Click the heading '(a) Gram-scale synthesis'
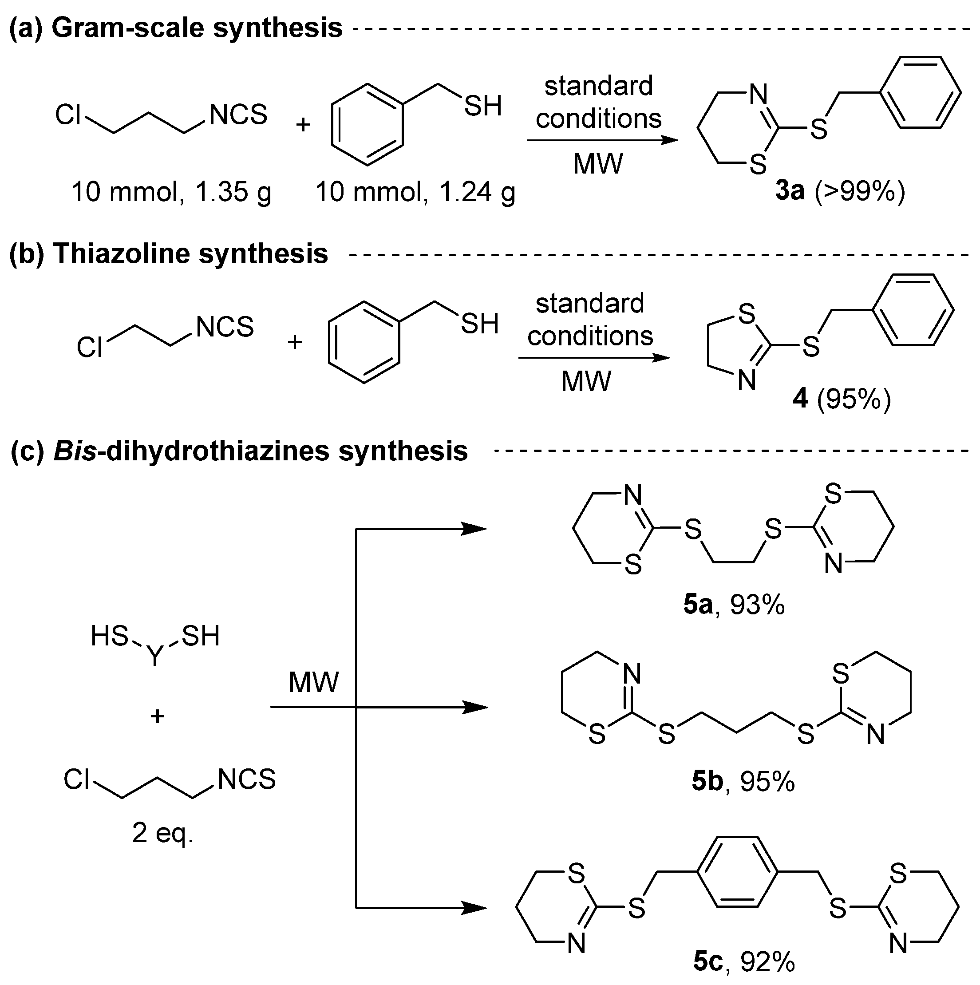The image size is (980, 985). (x=176, y=28)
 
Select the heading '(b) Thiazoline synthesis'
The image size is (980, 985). (x=168, y=253)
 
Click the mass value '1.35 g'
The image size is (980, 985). (x=233, y=193)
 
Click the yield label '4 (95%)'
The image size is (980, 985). (x=842, y=399)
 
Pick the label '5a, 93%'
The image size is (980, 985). (x=734, y=605)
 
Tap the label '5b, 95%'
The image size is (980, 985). (x=743, y=782)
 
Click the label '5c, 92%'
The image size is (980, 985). (x=744, y=962)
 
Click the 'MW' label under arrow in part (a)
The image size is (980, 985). (x=597, y=164)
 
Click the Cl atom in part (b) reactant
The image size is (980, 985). (x=90, y=348)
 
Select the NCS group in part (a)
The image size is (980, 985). (x=238, y=114)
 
